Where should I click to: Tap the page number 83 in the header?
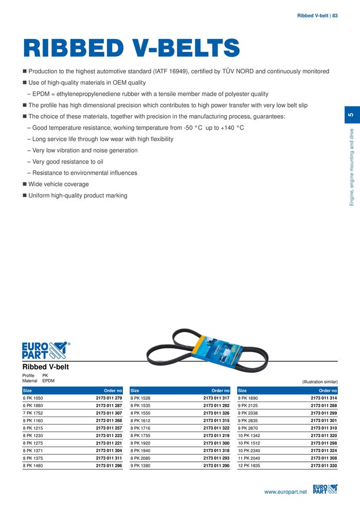click(335, 15)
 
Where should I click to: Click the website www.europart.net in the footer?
click(285, 492)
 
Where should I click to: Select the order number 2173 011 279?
click(109, 398)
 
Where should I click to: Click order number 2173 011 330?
click(323, 466)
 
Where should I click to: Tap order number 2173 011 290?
click(216, 466)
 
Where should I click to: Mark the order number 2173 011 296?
click(109, 466)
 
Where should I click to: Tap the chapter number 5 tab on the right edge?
click(351, 115)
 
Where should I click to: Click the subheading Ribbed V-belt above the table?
click(46, 367)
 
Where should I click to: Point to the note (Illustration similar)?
click(320, 382)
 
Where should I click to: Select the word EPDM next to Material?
click(48, 381)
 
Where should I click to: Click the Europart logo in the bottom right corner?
click(325, 490)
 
